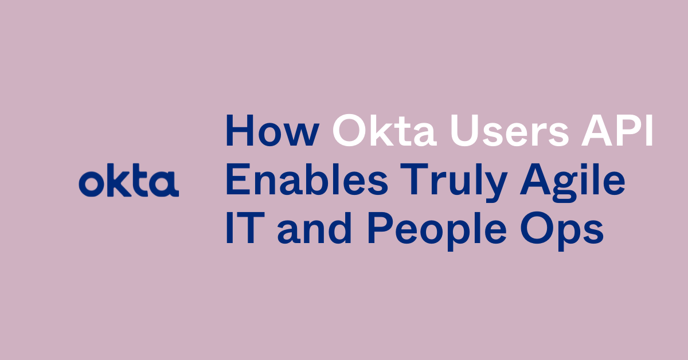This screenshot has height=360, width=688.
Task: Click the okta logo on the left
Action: (128, 182)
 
